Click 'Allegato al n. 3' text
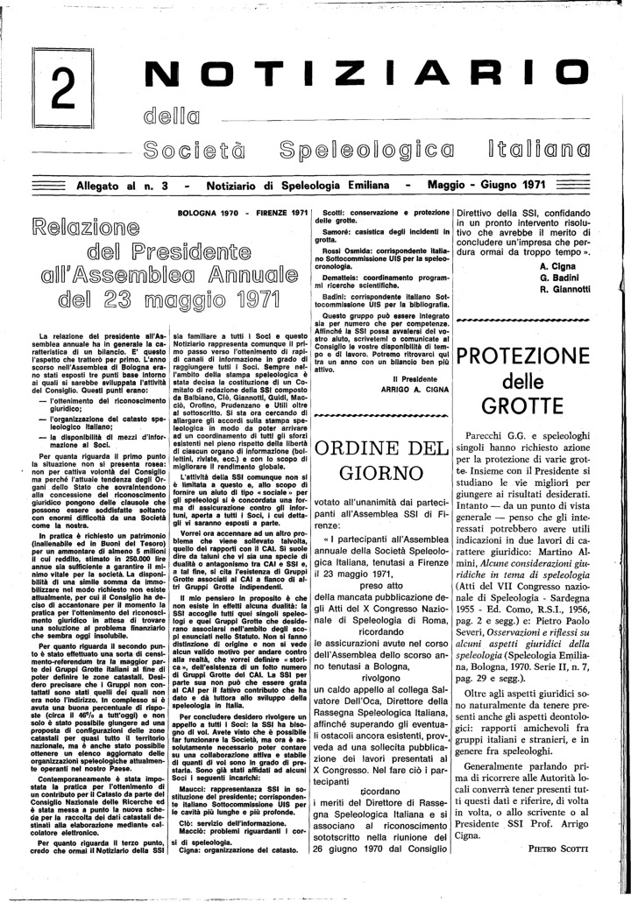click(126, 185)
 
